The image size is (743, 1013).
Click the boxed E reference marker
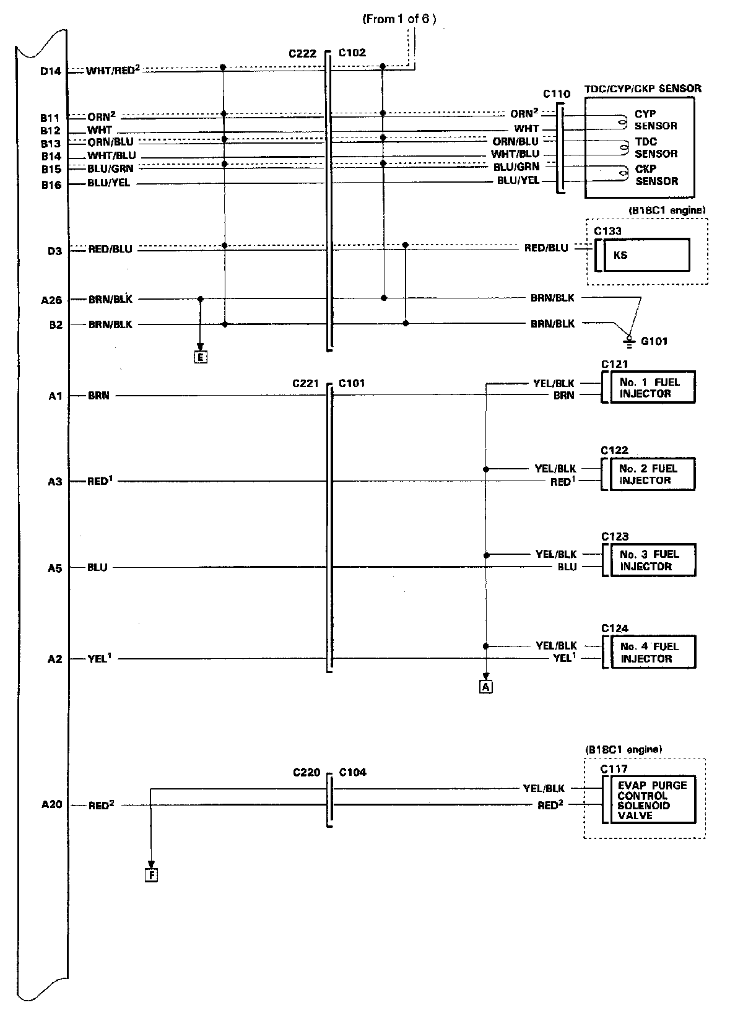(x=200, y=357)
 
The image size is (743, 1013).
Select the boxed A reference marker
(x=486, y=686)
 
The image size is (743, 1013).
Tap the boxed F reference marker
(x=151, y=875)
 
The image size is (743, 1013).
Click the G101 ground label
(x=654, y=341)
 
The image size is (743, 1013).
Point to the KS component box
(x=646, y=255)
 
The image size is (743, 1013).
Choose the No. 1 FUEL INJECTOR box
(x=653, y=388)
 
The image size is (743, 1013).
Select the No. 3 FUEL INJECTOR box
(x=653, y=560)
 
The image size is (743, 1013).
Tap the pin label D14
(x=51, y=71)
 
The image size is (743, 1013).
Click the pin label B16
(x=51, y=184)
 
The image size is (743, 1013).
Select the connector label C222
(x=302, y=53)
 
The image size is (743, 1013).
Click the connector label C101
(x=352, y=383)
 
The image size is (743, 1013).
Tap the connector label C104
(x=353, y=772)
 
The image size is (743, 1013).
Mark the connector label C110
(x=556, y=94)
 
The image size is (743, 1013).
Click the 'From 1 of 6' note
(x=399, y=19)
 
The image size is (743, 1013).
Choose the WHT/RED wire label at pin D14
(x=112, y=71)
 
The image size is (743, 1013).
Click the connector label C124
(x=614, y=628)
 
